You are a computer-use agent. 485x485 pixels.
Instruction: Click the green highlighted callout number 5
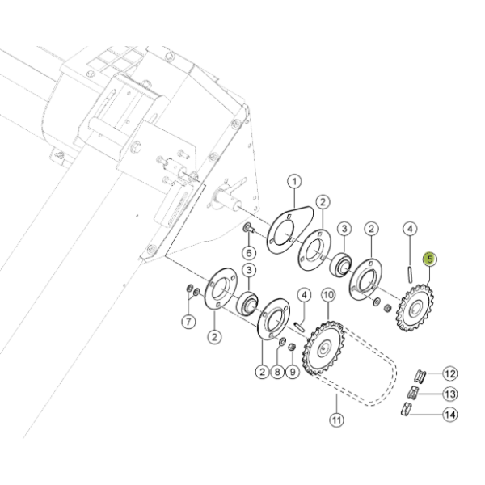coord(430,259)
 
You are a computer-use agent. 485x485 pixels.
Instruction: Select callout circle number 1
coord(294,182)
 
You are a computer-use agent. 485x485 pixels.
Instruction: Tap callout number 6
coord(249,253)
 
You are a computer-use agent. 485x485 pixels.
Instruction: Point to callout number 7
coord(188,322)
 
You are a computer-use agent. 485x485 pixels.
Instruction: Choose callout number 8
coord(277,372)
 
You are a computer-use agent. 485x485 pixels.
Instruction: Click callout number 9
coord(293,372)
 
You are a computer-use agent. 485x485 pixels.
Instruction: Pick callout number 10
coord(328,295)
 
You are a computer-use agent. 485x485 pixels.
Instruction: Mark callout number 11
coord(336,420)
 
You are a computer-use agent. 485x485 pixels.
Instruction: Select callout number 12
coord(450,373)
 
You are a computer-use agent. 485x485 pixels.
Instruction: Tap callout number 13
coord(450,394)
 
